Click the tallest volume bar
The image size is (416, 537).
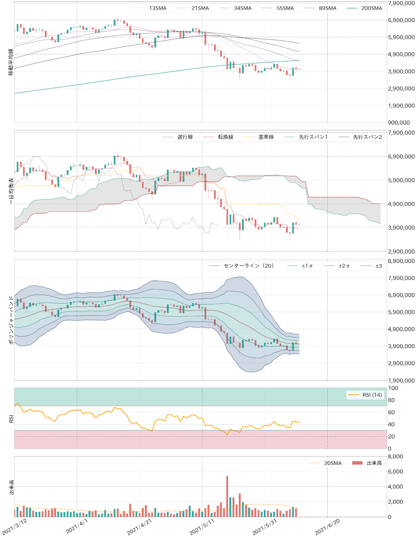pyautogui.click(x=227, y=496)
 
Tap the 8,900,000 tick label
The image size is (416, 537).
pyautogui.click(x=401, y=261)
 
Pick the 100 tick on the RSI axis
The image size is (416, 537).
pyautogui.click(x=393, y=388)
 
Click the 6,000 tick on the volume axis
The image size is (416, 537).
pyautogui.click(x=395, y=472)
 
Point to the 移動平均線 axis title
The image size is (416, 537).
pyautogui.click(x=11, y=62)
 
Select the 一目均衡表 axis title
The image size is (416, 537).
pyautogui.click(x=11, y=191)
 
